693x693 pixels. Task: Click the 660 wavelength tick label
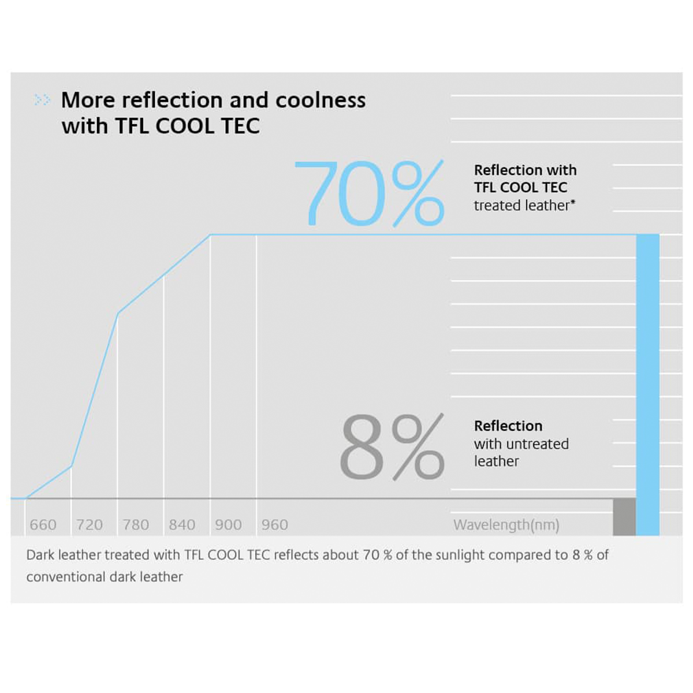(x=43, y=525)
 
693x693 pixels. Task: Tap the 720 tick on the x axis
(x=90, y=525)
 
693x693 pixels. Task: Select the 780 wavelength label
(x=136, y=525)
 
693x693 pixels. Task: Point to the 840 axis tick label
(x=182, y=525)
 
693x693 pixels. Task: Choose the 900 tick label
(x=228, y=525)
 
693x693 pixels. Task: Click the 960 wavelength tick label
(x=274, y=525)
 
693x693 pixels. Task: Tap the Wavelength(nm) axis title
(x=506, y=525)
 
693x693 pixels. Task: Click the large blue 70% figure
(x=369, y=194)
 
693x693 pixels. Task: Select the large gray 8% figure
(x=392, y=447)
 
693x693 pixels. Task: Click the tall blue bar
(x=647, y=381)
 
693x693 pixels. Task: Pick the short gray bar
(x=624, y=517)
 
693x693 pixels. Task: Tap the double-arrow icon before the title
(x=42, y=100)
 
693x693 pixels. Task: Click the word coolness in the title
(x=321, y=100)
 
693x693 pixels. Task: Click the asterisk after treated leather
(x=573, y=202)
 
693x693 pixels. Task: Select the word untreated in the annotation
(x=537, y=444)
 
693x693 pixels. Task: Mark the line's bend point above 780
(x=118, y=314)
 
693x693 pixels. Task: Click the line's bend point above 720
(x=72, y=465)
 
